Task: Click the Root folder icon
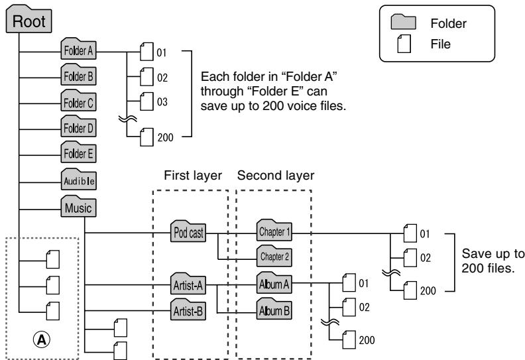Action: click(29, 19)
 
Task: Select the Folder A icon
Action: click(78, 49)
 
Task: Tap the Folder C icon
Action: click(78, 101)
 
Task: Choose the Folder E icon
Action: click(78, 152)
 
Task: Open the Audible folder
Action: click(78, 180)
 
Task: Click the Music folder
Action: click(78, 206)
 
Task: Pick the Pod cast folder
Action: click(188, 231)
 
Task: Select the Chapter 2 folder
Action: click(274, 256)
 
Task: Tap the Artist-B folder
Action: click(188, 310)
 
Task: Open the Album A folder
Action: click(274, 283)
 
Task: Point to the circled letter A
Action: click(42, 339)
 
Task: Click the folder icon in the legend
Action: click(404, 22)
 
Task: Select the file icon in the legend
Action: click(404, 44)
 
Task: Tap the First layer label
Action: click(193, 176)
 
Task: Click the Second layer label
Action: click(276, 176)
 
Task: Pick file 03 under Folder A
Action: click(146, 101)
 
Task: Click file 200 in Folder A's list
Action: click(146, 137)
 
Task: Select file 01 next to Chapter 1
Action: click(410, 233)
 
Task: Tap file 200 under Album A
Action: click(349, 339)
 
